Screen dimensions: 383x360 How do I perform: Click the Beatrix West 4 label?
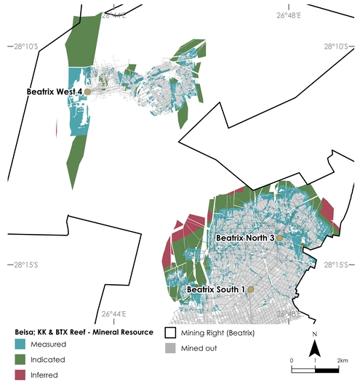click(54, 92)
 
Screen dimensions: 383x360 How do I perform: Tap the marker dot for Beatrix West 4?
click(87, 92)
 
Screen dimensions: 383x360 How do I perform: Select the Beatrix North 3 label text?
click(244, 238)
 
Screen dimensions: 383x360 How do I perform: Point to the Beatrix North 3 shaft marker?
click(279, 238)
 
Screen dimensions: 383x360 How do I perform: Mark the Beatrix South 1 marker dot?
click(250, 289)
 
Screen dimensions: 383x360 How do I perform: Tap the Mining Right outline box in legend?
click(172, 332)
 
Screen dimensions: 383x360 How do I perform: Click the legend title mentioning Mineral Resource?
click(84, 332)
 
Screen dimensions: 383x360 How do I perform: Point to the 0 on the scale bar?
click(292, 360)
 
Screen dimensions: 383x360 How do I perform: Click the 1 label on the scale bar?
click(315, 360)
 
